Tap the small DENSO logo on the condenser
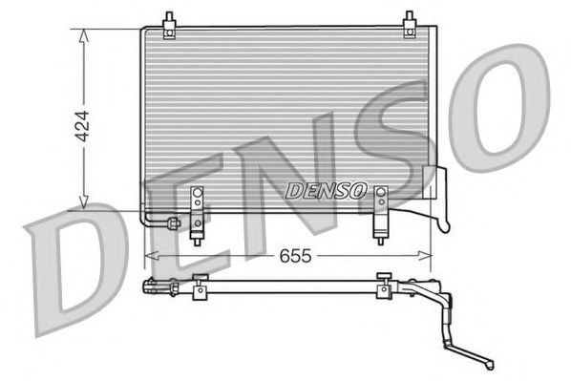pyautogui.click(x=325, y=189)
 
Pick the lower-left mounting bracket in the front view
pyautogui.click(x=198, y=210)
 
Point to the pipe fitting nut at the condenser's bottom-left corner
pyautogui.click(x=172, y=224)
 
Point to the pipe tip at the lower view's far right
pyautogui.click(x=490, y=362)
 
